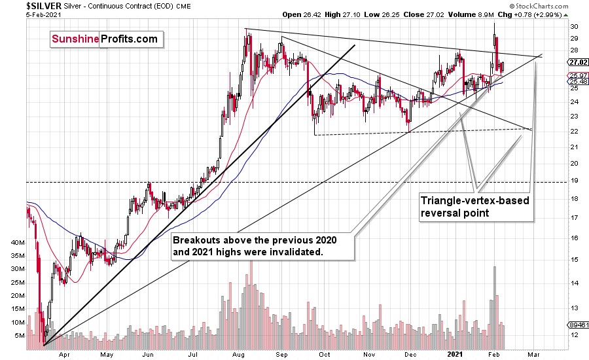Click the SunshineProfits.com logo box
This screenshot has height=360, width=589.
tap(105, 39)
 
